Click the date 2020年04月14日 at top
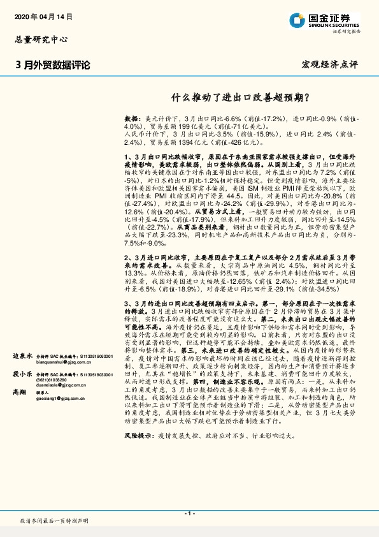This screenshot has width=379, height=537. (43, 15)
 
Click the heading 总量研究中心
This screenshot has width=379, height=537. (40, 40)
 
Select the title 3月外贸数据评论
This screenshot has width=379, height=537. (52, 65)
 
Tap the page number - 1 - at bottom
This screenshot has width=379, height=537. (189, 513)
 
